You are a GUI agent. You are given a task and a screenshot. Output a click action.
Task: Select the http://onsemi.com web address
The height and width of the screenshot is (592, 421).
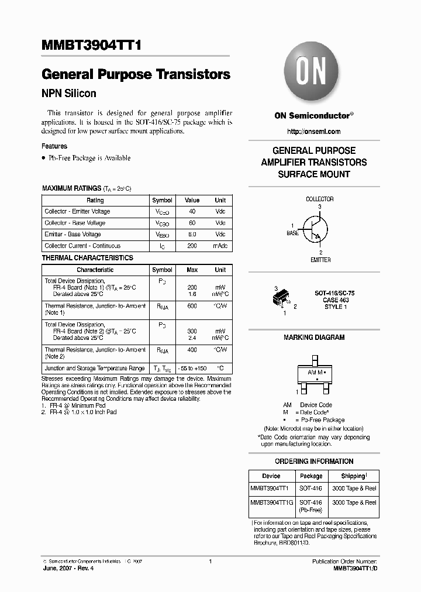314,132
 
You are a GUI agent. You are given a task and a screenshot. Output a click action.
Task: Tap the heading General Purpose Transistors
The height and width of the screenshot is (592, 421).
136,75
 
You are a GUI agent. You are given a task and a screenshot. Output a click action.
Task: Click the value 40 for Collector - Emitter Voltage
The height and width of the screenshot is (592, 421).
192,212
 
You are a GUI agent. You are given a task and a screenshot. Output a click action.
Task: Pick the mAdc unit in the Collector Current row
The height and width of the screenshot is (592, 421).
220,246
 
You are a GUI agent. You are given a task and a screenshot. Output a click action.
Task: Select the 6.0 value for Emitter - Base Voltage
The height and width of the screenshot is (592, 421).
192,235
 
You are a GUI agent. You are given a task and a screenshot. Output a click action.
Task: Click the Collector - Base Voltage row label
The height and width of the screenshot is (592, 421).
75,223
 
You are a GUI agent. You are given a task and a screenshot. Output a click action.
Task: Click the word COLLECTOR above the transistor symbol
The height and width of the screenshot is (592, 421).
320,199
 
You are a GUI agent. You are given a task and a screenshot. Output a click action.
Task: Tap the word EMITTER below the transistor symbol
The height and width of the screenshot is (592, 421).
320,260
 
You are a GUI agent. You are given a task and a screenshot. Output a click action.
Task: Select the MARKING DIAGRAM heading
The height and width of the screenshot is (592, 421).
314,338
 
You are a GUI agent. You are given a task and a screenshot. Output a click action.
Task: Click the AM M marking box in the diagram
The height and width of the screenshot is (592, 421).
314,375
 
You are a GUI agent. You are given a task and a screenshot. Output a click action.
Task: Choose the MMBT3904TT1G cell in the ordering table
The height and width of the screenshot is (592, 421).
271,502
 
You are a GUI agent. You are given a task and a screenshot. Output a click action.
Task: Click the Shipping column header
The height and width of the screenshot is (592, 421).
353,476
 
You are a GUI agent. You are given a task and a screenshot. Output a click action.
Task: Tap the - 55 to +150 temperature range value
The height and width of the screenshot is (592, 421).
192,369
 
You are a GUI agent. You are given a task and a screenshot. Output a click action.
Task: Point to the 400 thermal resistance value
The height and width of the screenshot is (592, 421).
192,350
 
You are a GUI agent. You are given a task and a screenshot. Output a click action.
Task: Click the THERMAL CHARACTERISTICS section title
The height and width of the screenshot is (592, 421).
87,258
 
